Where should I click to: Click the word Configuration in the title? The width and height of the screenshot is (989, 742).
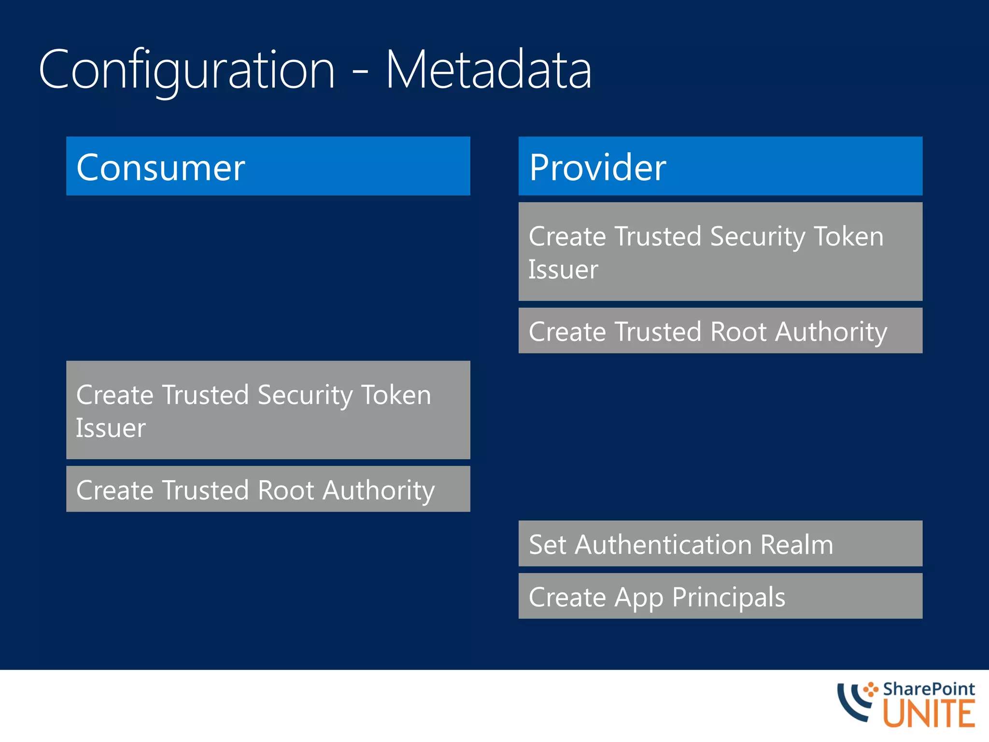pos(186,70)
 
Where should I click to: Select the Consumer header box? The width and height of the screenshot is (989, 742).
pos(268,166)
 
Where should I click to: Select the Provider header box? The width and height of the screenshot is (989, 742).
pos(720,166)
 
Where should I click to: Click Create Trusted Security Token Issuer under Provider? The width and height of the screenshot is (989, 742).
pos(720,252)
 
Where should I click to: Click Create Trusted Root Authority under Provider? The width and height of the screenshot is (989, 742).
pos(720,331)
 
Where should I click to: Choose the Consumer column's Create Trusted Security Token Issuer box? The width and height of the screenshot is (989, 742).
pos(268,410)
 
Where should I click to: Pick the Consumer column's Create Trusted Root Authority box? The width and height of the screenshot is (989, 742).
pos(268,489)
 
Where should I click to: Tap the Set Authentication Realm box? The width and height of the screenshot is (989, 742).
pos(720,543)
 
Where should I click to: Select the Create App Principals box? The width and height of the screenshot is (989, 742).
pos(720,596)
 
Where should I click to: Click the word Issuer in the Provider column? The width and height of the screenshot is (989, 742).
pos(563,270)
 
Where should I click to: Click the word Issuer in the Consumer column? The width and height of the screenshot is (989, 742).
pos(111,428)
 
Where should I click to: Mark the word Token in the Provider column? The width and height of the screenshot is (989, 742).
pos(848,237)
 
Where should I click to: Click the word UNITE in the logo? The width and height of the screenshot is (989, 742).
pos(929,714)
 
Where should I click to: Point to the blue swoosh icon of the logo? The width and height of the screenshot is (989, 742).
pos(853,703)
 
